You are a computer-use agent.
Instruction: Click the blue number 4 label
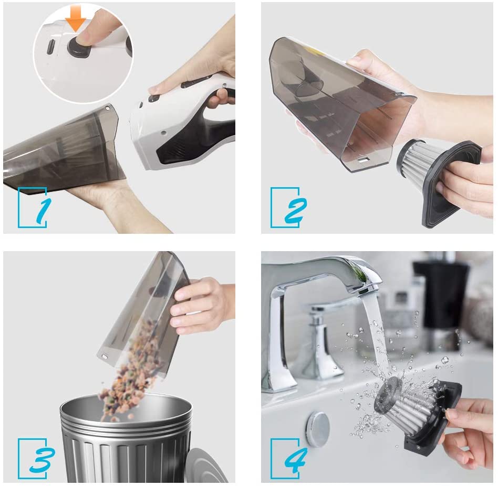point(296,460)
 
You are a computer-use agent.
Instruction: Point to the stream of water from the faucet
point(376,336)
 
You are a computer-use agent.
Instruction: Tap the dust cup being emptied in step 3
point(146,314)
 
